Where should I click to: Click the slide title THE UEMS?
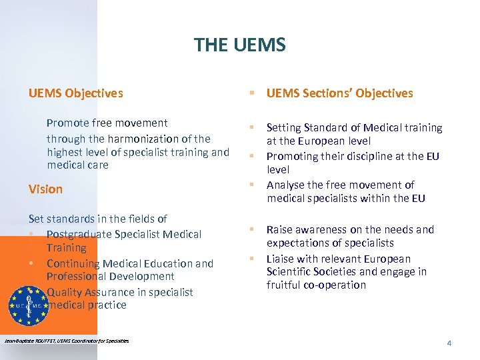click(x=239, y=45)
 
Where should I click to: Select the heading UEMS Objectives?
click(x=75, y=93)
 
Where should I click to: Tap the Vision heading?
click(x=45, y=189)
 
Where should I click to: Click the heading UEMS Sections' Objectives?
click(x=339, y=93)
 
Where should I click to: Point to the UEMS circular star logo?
click(x=28, y=305)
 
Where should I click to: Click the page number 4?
click(x=449, y=343)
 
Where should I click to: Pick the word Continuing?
click(x=72, y=263)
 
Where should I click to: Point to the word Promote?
click(x=67, y=123)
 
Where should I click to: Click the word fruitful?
click(x=283, y=285)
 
